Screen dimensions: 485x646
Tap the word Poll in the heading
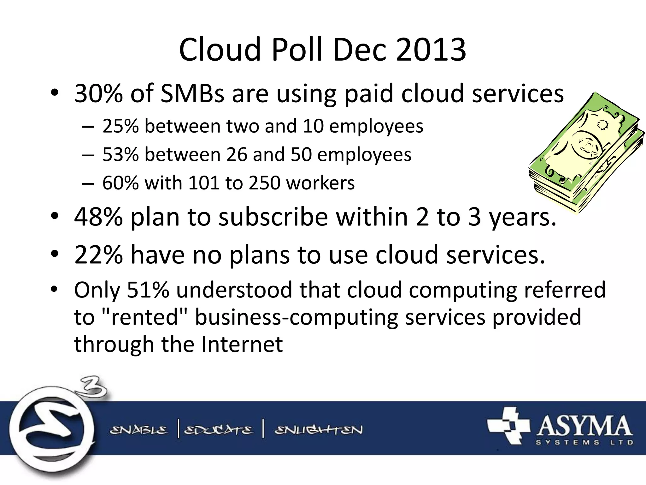tap(297, 50)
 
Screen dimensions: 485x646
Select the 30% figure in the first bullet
tap(98, 93)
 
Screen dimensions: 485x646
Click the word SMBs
tap(192, 93)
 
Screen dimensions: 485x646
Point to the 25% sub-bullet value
tap(120, 126)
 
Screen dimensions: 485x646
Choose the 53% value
tap(120, 154)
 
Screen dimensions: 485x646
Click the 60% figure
tap(120, 183)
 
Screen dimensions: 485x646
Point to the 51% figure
tap(148, 290)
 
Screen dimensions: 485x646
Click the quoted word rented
tap(145, 317)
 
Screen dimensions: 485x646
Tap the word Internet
tap(242, 344)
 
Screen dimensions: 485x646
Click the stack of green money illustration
tap(587, 153)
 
